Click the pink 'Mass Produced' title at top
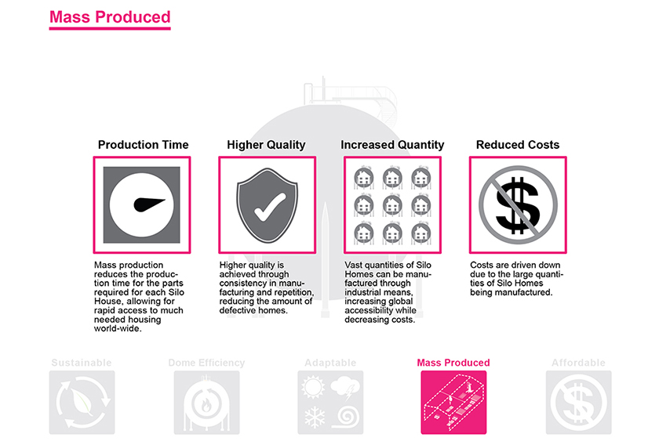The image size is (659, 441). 110,17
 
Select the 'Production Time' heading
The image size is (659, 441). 143,145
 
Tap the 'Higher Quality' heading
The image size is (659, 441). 266,145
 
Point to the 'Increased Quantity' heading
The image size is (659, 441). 392,145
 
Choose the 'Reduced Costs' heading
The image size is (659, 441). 517,145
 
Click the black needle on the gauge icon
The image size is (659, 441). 148,204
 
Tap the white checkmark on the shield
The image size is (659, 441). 269,207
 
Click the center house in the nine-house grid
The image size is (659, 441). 392,205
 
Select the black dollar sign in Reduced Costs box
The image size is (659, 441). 517,205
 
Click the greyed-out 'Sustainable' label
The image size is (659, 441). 82,363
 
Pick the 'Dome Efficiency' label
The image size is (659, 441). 206,363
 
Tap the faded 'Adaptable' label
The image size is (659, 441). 330,363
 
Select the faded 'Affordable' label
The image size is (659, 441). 578,363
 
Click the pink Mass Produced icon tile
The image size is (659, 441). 453,402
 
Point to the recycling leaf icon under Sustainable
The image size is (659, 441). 82,403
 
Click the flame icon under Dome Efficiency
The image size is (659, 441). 206,405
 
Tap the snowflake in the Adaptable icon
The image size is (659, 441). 315,418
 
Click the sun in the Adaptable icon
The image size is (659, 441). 313,387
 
